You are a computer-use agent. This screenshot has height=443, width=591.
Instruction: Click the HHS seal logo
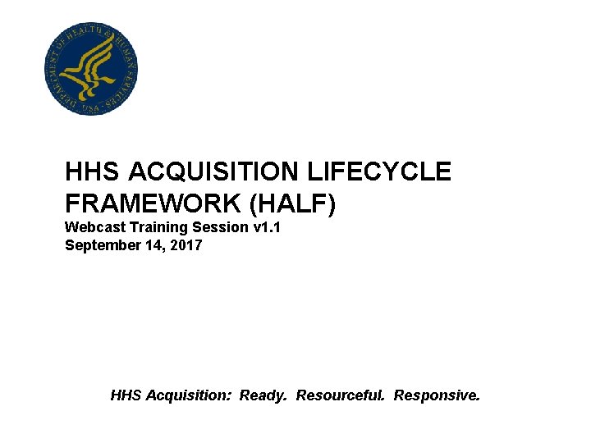[90, 69]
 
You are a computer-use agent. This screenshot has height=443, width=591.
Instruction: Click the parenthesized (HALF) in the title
[298, 204]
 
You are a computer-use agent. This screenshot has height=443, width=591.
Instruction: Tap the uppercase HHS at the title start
[93, 172]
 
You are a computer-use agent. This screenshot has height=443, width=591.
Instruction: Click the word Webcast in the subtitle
[94, 227]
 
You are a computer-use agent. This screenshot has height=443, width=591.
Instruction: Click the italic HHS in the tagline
[126, 395]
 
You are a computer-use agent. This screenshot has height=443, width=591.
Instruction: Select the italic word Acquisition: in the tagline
[188, 395]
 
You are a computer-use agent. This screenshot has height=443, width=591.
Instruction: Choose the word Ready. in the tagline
[263, 395]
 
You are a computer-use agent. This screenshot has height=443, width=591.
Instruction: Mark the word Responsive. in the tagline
[436, 395]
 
